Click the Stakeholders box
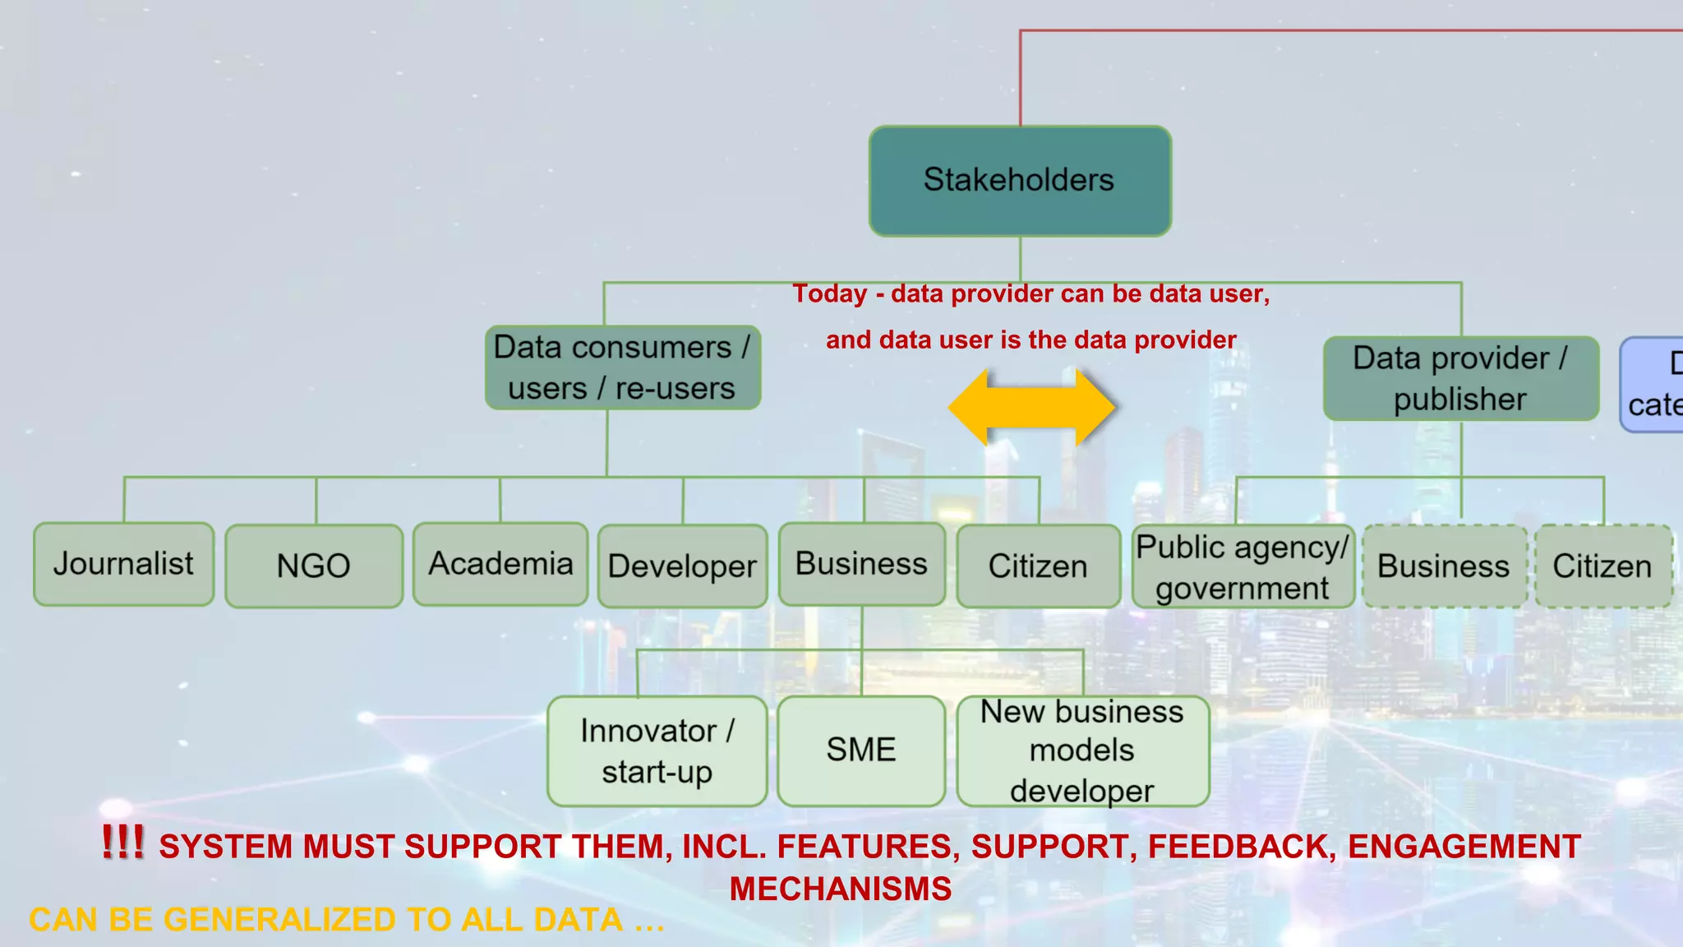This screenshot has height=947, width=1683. [x=1020, y=181]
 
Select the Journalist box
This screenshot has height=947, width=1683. [x=124, y=564]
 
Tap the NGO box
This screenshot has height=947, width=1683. [x=314, y=566]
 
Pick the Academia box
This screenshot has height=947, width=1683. [x=500, y=564]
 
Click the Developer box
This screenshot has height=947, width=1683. [x=682, y=566]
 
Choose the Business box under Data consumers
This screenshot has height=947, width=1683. [x=861, y=564]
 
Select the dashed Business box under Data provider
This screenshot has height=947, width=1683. [x=1444, y=566]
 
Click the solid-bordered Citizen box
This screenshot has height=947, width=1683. [x=1038, y=566]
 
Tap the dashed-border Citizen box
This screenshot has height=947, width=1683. [x=1602, y=566]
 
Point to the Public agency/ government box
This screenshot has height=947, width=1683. [x=1243, y=567]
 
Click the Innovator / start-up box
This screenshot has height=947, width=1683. [x=657, y=751]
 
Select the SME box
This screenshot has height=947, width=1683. [x=861, y=751]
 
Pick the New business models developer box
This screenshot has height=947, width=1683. [x=1082, y=751]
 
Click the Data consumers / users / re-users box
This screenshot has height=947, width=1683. [x=622, y=367]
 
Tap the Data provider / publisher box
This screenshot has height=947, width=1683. [x=1460, y=378]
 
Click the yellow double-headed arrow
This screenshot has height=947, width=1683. [x=1031, y=407]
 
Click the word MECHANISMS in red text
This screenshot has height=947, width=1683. [x=841, y=889]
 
